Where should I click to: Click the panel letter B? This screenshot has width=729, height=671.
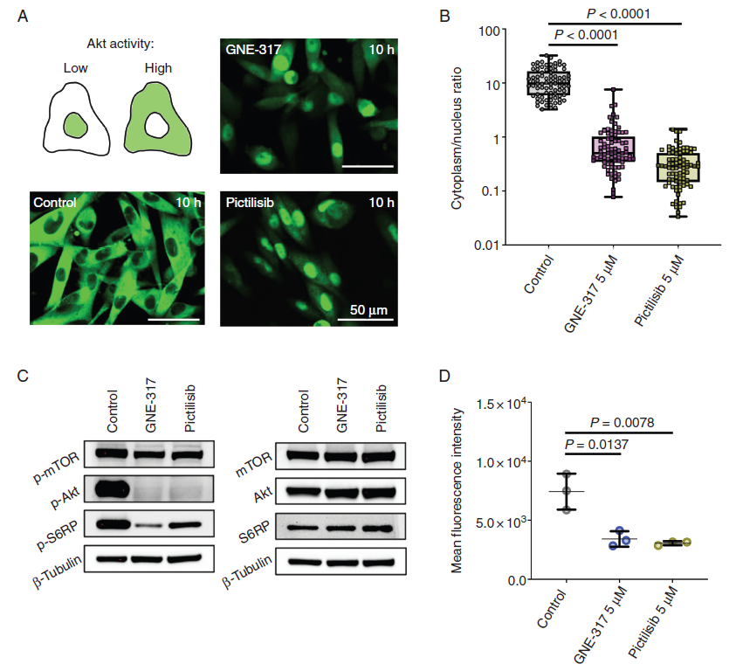point(444,17)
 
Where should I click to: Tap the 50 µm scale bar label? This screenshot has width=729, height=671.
point(368,310)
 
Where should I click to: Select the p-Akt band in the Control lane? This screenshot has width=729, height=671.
point(112,489)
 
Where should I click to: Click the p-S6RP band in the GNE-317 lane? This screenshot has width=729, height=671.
point(149,525)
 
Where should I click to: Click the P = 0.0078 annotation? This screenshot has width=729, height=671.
point(622,423)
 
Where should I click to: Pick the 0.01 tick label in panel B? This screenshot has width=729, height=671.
point(486,245)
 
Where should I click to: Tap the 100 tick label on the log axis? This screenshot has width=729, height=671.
point(490,31)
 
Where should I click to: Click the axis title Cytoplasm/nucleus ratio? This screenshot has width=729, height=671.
point(457,138)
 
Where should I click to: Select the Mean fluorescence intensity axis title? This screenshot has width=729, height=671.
point(457,490)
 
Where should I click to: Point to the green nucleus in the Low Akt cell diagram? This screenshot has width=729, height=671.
point(75,125)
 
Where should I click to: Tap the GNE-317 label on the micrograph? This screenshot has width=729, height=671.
point(253,49)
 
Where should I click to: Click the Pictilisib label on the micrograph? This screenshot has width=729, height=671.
point(250,203)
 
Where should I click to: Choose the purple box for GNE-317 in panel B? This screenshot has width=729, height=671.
point(613,149)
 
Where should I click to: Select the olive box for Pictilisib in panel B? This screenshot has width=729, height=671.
point(677,167)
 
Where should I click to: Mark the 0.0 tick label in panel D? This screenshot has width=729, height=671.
point(517,580)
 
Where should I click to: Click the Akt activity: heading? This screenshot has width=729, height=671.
point(120,44)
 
